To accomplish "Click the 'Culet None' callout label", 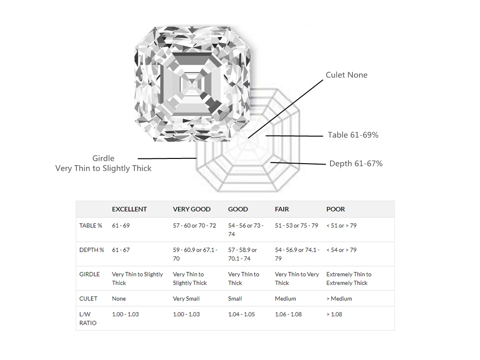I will (x=346, y=75).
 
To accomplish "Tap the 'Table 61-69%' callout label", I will (x=353, y=135).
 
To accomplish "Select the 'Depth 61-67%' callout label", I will (x=356, y=164).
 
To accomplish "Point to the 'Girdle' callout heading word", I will (x=103, y=158).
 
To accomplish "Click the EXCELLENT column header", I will (x=129, y=209).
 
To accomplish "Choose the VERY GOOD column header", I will (x=192, y=209).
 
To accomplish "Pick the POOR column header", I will (x=336, y=209).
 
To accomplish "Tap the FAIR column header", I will (x=283, y=209).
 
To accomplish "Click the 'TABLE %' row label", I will (x=91, y=225).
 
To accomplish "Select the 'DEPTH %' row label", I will (x=92, y=250).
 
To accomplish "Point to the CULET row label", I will (x=89, y=299).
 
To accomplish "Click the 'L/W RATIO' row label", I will (x=88, y=318).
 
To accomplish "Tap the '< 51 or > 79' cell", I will (x=341, y=225).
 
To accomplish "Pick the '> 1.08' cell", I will (x=334, y=314).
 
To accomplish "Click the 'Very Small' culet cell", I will (x=186, y=299).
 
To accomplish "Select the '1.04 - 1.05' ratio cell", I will (x=241, y=314).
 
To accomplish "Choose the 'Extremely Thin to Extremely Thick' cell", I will (x=349, y=278).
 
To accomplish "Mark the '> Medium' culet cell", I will (x=339, y=299).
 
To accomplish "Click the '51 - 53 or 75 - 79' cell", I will (x=296, y=225).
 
